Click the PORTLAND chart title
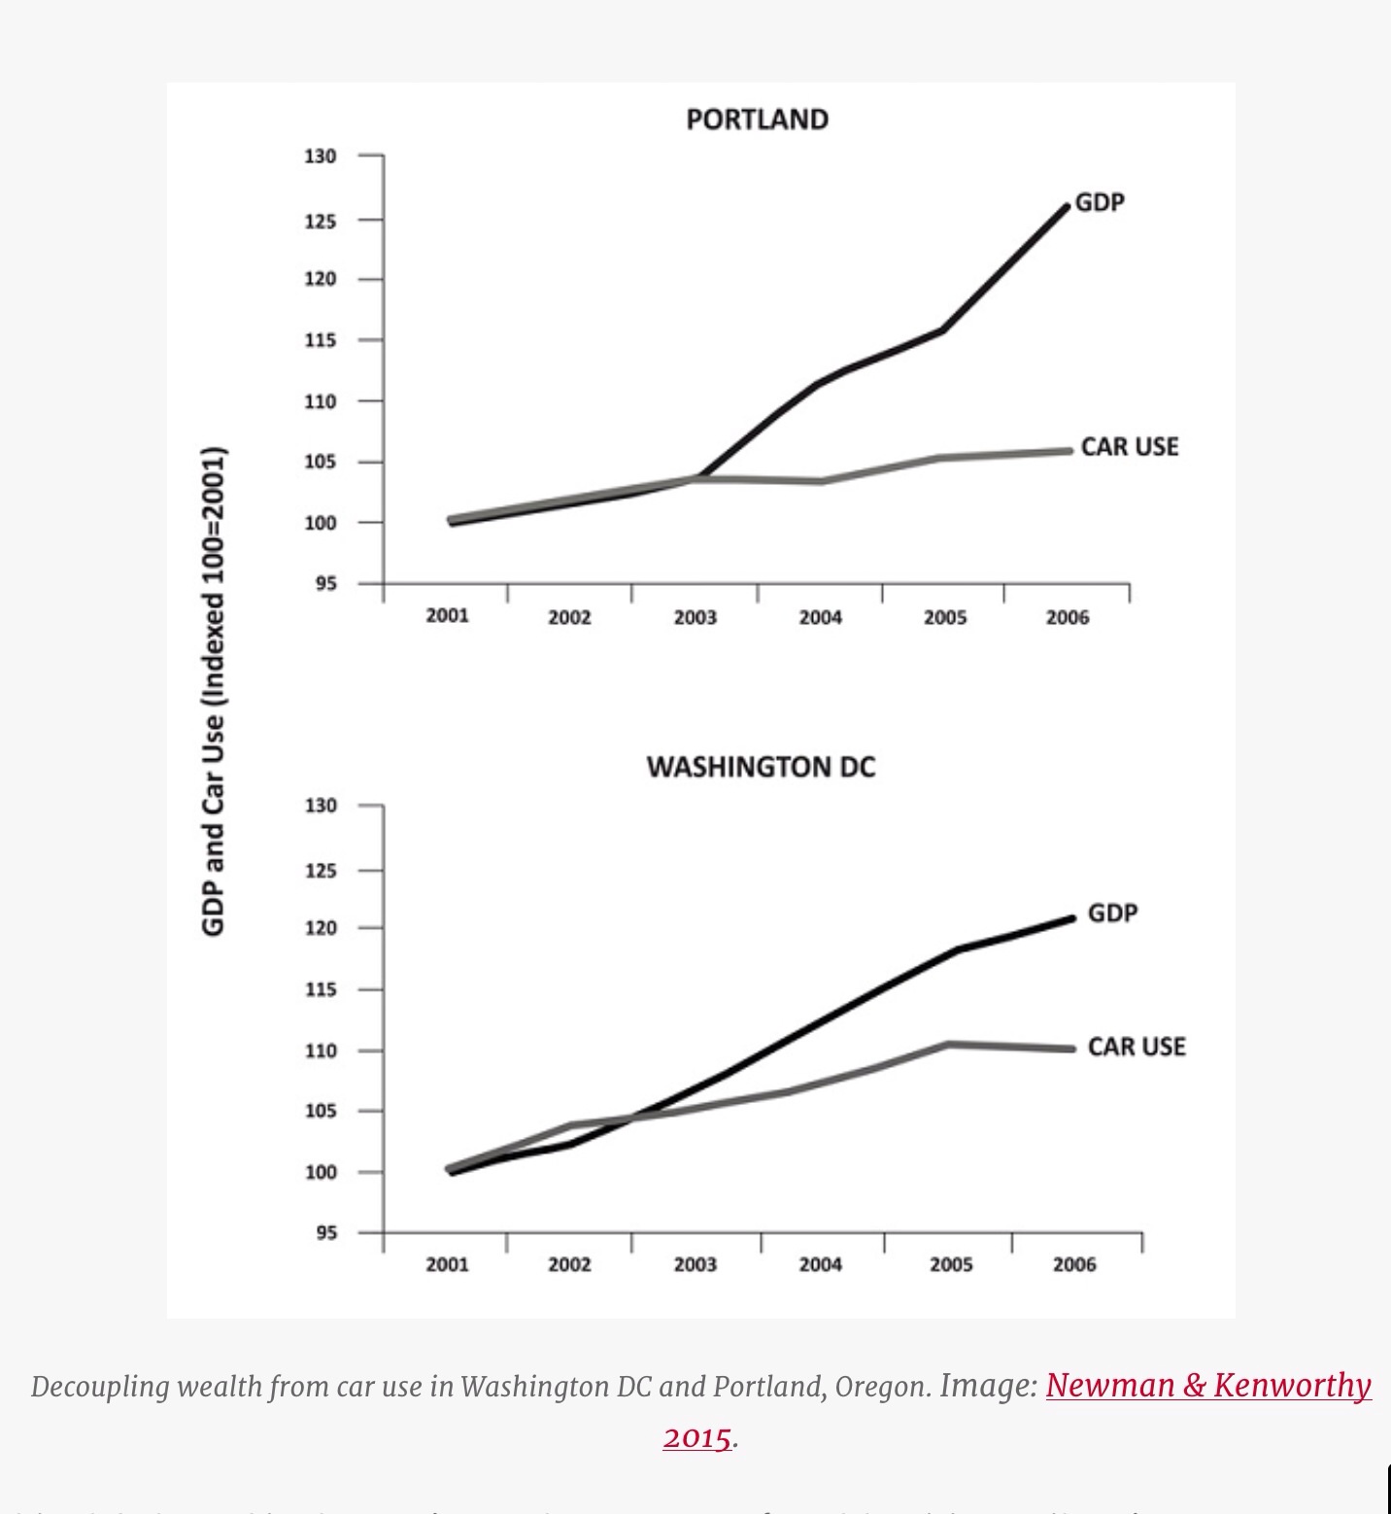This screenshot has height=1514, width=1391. tap(757, 120)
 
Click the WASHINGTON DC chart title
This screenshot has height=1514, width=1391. tap(761, 768)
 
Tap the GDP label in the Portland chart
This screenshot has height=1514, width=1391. tap(1100, 203)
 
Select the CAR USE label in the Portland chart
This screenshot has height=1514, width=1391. tap(1129, 447)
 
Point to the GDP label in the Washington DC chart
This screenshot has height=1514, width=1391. tap(1112, 913)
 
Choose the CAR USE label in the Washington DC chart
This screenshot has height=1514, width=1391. tap(1137, 1047)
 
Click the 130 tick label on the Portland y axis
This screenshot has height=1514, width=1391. tap(321, 156)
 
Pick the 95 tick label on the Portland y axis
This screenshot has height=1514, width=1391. tap(324, 584)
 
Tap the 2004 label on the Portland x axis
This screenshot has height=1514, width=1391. tap(820, 618)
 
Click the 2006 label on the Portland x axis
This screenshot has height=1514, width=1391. tap(1068, 618)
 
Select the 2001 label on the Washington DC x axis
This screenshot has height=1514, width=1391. tap(447, 1264)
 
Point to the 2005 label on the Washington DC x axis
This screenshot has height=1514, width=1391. tap(950, 1264)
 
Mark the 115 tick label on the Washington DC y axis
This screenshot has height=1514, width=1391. tap(321, 989)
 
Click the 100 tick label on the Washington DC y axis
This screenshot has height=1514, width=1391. tap(321, 1172)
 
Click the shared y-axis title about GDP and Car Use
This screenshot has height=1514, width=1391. tap(213, 691)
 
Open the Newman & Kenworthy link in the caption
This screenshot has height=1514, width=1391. tap(1208, 1385)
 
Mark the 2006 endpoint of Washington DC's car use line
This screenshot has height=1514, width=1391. tap(1071, 1049)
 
